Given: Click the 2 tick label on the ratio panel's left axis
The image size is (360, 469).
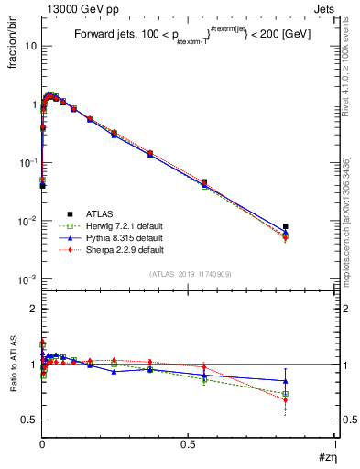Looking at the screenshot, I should (x=33, y=309).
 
